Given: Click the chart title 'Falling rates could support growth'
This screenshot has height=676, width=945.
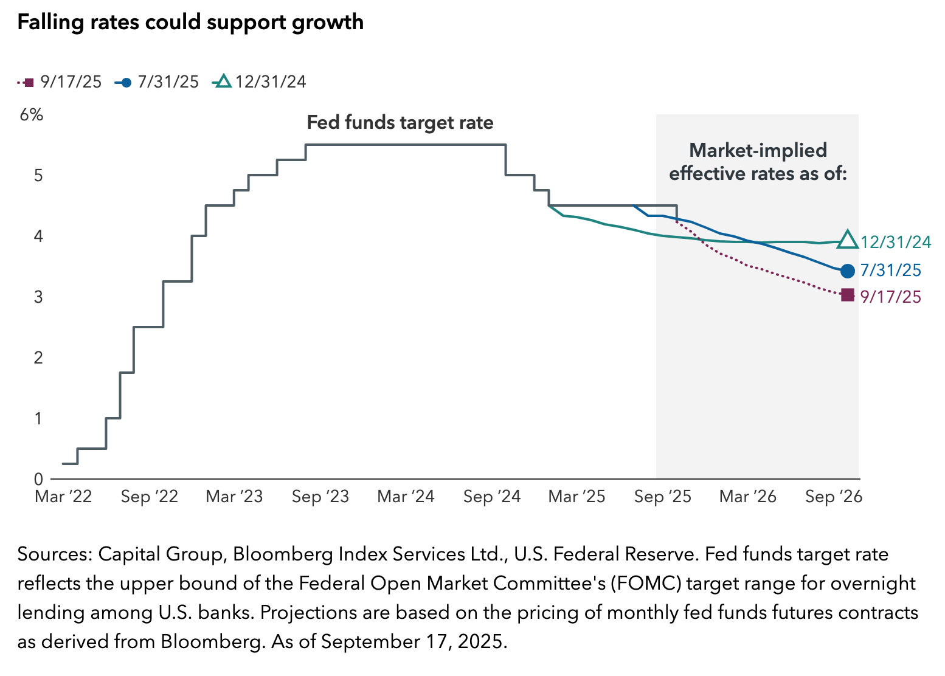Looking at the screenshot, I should tap(190, 22).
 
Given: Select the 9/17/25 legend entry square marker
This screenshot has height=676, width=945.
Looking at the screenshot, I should tap(29, 82).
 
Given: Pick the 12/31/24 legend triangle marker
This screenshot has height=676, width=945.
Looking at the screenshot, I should tap(223, 81).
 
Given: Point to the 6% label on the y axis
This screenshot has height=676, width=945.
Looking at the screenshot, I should tap(32, 115).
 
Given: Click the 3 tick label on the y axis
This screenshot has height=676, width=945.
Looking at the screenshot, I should tap(38, 297).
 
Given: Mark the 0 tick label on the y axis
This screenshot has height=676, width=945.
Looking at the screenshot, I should tap(38, 480).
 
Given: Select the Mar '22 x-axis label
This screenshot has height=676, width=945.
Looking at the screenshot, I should tap(63, 497).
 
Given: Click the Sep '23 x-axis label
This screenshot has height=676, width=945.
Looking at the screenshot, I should tap(320, 497).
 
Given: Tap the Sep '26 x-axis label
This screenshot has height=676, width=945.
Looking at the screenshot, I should tap(834, 497).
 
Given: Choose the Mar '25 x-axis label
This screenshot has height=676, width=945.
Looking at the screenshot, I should tap(576, 497).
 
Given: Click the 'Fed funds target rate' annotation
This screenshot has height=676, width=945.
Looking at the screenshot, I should tap(400, 123).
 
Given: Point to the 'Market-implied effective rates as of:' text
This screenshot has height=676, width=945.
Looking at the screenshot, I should tap(758, 162).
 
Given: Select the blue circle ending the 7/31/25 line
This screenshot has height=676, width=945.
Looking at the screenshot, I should tap(847, 271).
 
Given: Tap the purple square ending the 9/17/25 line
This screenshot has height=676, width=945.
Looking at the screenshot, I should tap(847, 296).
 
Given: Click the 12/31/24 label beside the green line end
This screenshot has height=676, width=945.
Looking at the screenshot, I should tap(896, 243).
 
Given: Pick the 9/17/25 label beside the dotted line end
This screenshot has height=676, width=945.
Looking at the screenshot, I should tap(891, 297).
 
